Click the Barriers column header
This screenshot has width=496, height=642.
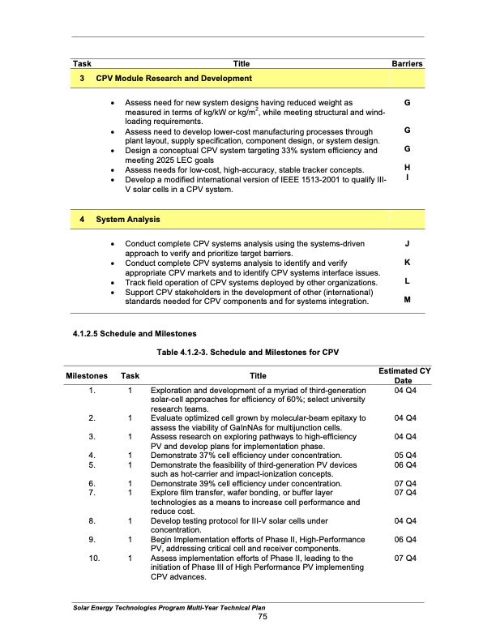408,63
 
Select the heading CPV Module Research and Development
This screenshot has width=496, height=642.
173,79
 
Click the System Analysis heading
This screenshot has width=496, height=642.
128,220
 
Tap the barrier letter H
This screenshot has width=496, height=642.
406,167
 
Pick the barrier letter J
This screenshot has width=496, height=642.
406,243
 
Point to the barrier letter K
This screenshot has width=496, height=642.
406,263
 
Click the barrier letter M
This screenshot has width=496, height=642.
406,300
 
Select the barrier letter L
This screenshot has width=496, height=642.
406,281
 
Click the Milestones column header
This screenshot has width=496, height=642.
87,376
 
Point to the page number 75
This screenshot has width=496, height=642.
258,618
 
